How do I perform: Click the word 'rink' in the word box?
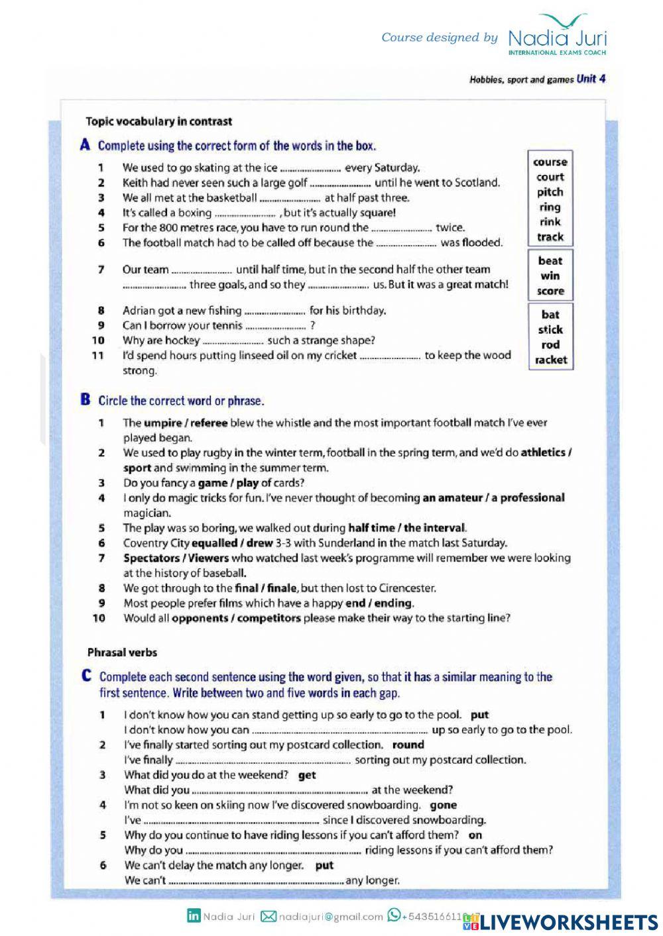tap(550, 222)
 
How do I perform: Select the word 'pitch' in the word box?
tap(550, 192)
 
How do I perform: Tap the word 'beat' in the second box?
tap(550, 261)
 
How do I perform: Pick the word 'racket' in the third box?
tap(550, 360)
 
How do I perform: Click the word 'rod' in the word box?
tap(550, 344)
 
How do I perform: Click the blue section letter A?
tap(85, 145)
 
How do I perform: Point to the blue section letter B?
tap(85, 399)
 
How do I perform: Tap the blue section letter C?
tap(86, 676)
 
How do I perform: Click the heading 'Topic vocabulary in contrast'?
tap(158, 121)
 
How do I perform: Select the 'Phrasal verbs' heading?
tap(122, 652)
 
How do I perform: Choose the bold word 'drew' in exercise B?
tap(260, 543)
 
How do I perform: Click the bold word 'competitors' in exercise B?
tap(269, 618)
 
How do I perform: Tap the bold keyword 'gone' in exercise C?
tap(443, 806)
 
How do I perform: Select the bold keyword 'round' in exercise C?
tap(408, 745)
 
